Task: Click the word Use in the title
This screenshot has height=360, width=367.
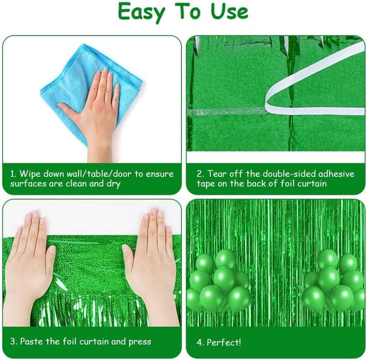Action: (x=229, y=11)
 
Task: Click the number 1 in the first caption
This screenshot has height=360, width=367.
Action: (x=13, y=174)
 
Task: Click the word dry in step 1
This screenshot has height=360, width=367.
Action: (x=114, y=184)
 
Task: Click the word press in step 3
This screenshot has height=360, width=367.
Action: (x=140, y=342)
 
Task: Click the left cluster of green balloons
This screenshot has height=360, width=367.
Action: (x=219, y=281)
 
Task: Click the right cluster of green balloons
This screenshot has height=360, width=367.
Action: (x=334, y=281)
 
